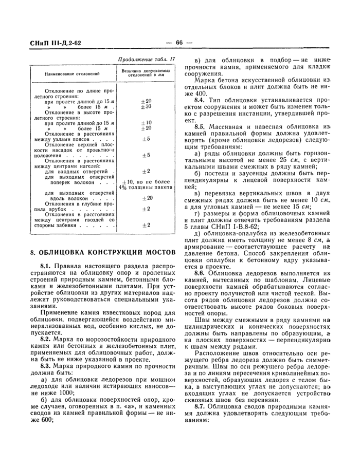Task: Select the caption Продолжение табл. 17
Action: pos(147,60)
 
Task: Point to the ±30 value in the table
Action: pos(146,106)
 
